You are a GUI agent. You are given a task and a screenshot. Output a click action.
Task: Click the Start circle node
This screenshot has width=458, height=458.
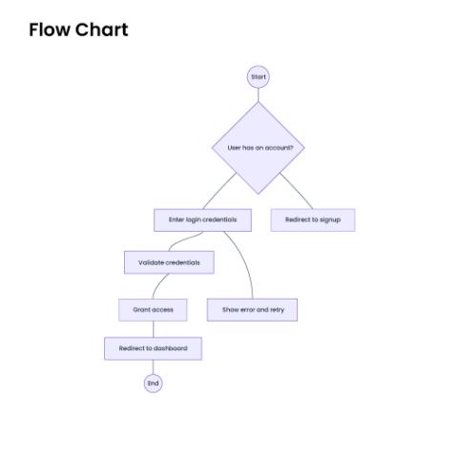(x=259, y=76)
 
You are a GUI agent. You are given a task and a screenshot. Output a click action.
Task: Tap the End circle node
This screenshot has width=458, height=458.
(x=153, y=384)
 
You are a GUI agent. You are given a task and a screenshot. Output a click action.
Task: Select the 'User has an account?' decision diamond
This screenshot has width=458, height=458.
(x=259, y=148)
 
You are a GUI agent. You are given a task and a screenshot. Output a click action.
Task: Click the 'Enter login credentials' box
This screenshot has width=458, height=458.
(x=202, y=219)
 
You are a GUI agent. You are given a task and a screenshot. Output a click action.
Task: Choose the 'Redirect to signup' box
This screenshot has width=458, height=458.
(x=313, y=219)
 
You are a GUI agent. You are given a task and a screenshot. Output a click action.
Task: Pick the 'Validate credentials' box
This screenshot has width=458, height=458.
(x=169, y=262)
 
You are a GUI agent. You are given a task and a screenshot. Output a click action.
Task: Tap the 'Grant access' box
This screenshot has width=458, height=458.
(x=153, y=310)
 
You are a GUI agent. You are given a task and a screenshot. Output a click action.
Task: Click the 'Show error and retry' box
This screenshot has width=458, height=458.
(x=252, y=310)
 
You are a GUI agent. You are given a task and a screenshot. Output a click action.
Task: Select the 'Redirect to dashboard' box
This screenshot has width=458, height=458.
(x=153, y=348)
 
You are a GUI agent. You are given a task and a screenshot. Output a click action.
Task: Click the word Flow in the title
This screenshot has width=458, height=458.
(x=50, y=30)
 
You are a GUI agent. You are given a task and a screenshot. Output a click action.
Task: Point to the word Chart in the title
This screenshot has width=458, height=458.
(x=102, y=30)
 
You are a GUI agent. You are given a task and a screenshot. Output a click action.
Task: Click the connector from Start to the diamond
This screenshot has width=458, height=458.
(x=259, y=94)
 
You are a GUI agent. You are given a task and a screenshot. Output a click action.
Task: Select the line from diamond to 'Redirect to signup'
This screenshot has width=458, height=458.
(x=297, y=191)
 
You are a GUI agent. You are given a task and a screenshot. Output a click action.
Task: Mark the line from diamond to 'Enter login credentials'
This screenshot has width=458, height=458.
(x=219, y=191)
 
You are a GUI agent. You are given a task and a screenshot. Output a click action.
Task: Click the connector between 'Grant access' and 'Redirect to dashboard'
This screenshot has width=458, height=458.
(x=154, y=329)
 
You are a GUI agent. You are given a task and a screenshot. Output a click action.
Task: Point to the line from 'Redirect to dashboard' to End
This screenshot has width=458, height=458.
(x=153, y=367)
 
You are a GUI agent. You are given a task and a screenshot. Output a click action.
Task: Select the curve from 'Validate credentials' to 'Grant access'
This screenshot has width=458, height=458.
(x=158, y=284)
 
